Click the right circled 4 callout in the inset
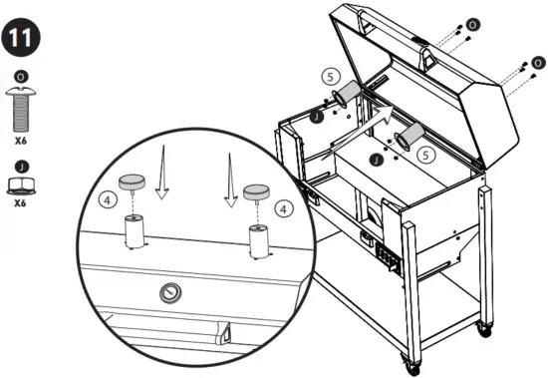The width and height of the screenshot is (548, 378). tap(286, 208)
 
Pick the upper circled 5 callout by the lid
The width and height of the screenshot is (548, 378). tap(331, 76)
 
